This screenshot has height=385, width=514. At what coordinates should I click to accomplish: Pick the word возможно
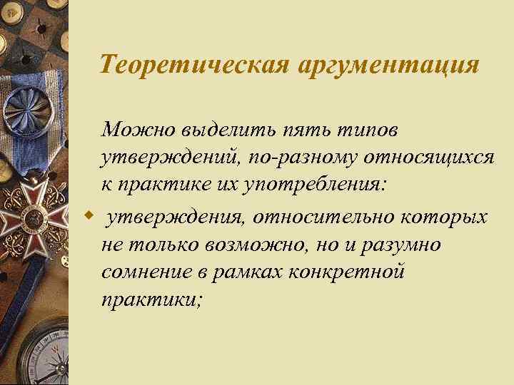[x=244, y=244]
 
